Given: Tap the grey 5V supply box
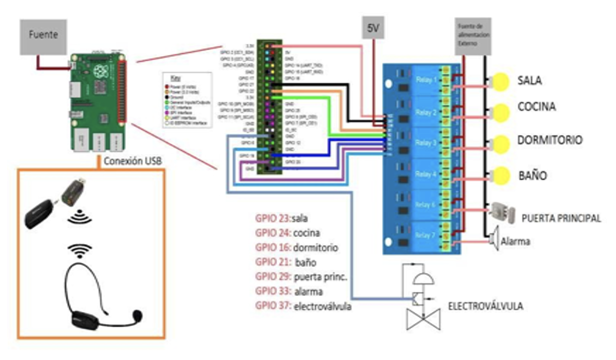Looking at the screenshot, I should (x=372, y=28).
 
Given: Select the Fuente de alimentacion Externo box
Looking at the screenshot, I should (x=473, y=36).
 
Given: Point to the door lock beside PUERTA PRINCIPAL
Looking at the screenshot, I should (x=501, y=213).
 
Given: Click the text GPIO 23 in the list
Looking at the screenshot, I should (x=272, y=218).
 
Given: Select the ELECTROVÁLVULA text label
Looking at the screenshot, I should (x=485, y=306).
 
